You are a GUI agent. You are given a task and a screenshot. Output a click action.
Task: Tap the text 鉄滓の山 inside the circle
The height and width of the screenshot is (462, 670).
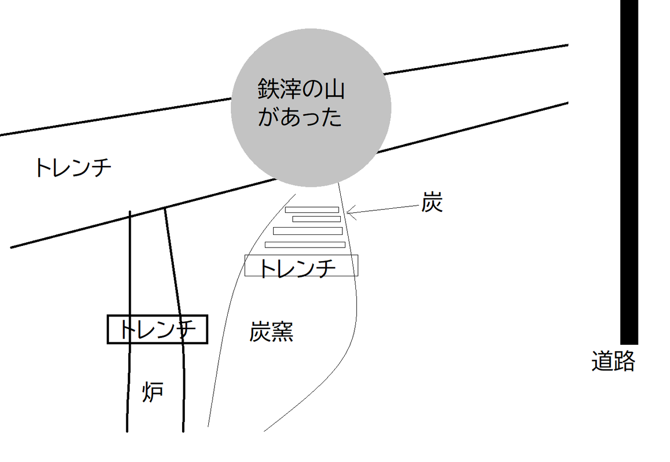click(x=300, y=89)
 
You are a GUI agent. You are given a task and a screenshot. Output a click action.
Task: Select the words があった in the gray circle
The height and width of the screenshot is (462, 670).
click(x=299, y=117)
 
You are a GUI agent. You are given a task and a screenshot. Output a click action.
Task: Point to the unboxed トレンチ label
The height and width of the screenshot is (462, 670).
click(x=73, y=168)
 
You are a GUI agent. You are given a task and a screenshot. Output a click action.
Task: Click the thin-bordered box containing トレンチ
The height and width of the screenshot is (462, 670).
click(x=301, y=266)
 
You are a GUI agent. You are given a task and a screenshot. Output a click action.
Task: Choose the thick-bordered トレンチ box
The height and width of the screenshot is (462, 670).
click(x=158, y=329)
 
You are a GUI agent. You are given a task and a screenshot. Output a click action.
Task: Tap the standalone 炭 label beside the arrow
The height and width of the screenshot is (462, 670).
click(x=432, y=204)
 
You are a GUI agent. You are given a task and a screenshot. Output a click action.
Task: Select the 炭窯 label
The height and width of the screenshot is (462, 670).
click(x=271, y=332)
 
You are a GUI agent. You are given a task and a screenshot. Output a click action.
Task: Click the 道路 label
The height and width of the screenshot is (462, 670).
click(x=613, y=360)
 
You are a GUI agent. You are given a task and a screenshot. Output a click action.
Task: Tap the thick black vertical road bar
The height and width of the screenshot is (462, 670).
click(x=629, y=173)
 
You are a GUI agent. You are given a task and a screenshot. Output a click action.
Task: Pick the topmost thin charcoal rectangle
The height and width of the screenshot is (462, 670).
click(x=312, y=210)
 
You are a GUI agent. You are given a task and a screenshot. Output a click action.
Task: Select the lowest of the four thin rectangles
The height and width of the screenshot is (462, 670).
click(x=305, y=244)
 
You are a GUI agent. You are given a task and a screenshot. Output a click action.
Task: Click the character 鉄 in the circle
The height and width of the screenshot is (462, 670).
click(x=267, y=89)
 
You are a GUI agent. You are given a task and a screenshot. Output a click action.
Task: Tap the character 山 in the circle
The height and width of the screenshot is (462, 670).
click(x=333, y=89)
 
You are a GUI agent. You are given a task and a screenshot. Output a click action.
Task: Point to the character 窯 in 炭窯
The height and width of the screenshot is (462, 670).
click(x=282, y=332)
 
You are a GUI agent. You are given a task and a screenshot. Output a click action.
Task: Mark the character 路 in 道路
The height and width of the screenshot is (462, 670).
click(x=624, y=360)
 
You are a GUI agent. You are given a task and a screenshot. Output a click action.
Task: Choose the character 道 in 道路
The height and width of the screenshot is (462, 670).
click(x=602, y=360)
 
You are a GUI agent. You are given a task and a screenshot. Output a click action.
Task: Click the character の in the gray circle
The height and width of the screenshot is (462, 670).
click(x=311, y=89)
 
